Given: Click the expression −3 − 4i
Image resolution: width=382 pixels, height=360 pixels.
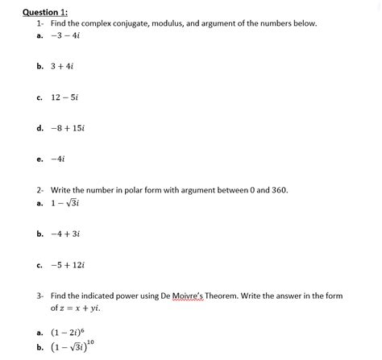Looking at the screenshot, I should (64, 35).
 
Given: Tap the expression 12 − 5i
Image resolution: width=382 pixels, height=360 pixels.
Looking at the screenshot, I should (64, 97).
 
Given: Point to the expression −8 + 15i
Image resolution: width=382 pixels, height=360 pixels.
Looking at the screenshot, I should (66, 127).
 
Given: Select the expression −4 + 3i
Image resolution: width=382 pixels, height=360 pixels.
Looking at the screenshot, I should (64, 234).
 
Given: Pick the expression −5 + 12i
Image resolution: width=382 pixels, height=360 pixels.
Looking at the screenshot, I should (66, 263).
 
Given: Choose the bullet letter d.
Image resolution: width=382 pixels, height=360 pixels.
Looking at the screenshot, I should (39, 127).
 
